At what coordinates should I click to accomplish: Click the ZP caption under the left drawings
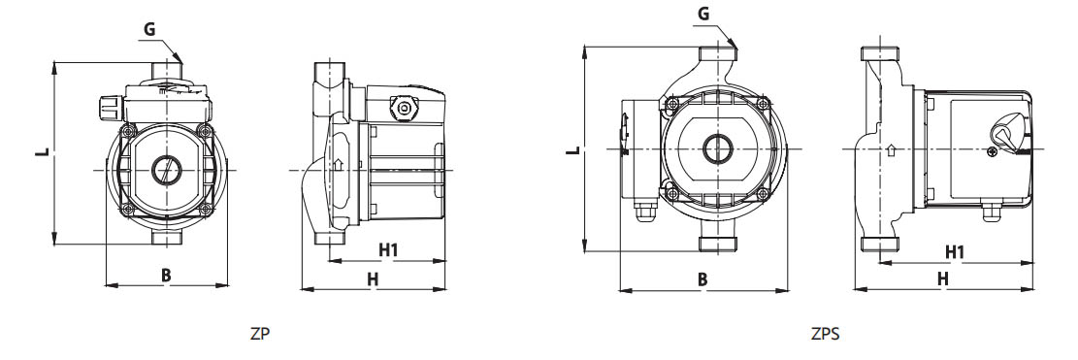point(261,335)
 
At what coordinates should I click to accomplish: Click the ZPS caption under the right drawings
point(825,335)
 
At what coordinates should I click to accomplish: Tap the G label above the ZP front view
point(149,30)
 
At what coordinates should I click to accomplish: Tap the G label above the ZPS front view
point(702,14)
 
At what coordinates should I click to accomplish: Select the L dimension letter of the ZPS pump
point(572,148)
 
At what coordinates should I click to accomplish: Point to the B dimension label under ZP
point(166,275)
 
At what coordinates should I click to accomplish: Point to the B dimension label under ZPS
point(702,278)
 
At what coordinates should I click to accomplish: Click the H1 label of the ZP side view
point(389,250)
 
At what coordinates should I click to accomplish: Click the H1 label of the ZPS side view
point(955,252)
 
